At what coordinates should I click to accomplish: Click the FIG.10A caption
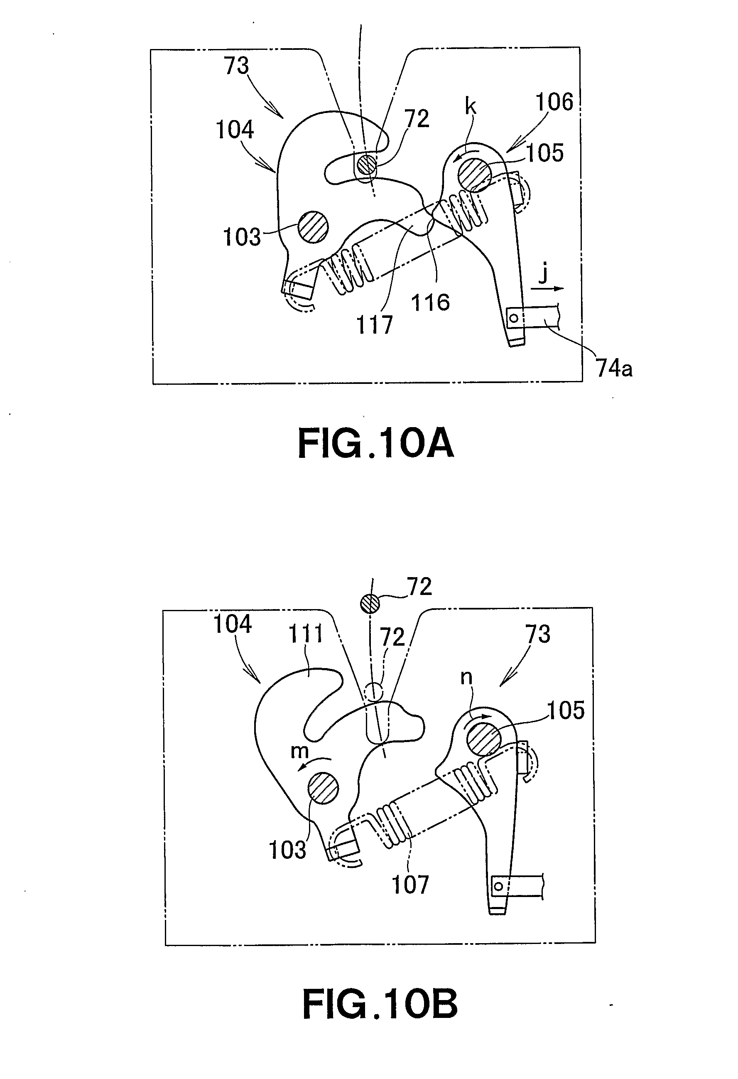tap(375, 444)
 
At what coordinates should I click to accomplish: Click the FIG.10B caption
tap(380, 1004)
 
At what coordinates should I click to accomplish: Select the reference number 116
tap(430, 303)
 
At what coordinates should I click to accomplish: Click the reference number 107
tap(410, 885)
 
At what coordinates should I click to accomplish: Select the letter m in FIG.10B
tap(299, 751)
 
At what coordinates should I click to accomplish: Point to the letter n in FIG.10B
tap(466, 678)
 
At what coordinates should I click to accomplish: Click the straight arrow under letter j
tap(548, 288)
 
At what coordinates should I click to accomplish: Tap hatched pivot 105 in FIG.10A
tap(474, 175)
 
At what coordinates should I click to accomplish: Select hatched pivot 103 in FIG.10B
tap(324, 788)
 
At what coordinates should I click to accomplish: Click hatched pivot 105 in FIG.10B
tap(484, 739)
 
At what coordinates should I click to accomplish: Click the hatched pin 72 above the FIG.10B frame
tap(370, 604)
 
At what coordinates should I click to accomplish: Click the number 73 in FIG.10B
tap(538, 634)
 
